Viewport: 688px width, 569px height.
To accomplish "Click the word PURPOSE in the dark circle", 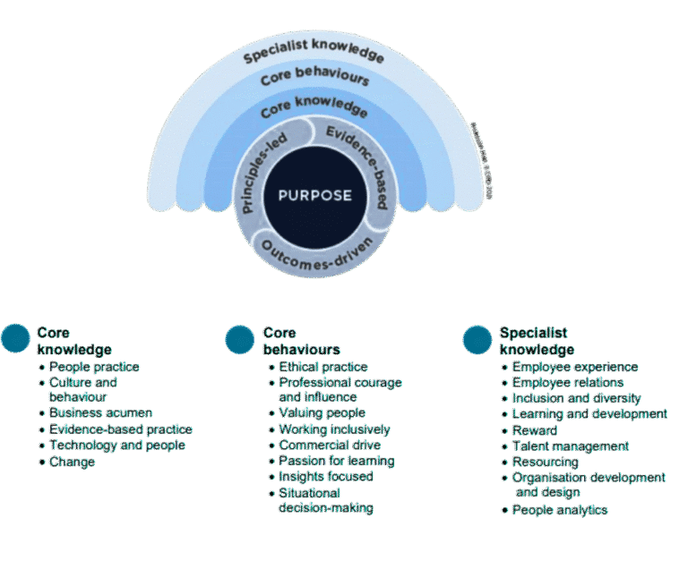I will pyautogui.click(x=314, y=196).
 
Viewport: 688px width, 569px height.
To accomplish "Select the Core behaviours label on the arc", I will pyautogui.click(x=315, y=80).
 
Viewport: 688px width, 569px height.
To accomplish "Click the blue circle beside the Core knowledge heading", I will pyautogui.click(x=16, y=337).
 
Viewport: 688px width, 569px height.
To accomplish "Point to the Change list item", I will pyautogui.click(x=73, y=462).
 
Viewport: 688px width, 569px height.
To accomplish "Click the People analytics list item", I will pyautogui.click(x=559, y=510).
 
